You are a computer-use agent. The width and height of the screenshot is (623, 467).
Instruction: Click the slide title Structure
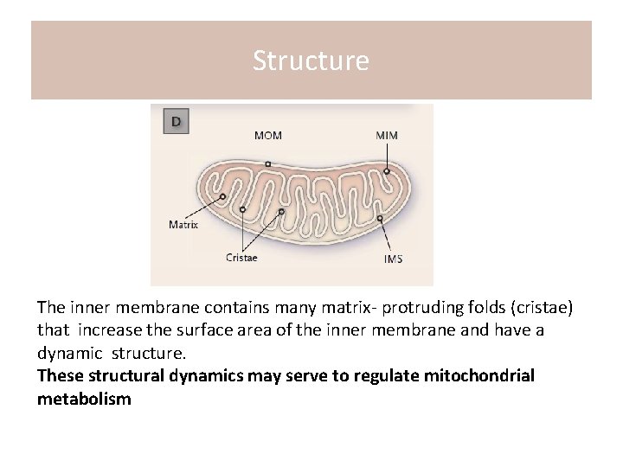311,61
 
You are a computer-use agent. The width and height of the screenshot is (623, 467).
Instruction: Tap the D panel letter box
176,122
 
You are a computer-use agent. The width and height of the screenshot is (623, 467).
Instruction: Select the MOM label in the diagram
267,136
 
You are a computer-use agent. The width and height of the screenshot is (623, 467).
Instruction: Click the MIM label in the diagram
387,136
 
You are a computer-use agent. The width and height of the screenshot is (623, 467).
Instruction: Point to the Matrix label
183,225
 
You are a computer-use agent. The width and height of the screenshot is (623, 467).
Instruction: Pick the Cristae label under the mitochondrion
241,257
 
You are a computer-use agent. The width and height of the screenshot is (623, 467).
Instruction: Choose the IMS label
393,259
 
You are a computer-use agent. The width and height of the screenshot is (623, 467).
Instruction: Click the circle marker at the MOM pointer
268,163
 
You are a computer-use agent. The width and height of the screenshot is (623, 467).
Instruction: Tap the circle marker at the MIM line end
387,171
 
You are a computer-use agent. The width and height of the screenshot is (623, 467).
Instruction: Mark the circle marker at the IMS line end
381,219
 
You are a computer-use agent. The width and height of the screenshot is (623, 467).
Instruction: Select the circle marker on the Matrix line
223,197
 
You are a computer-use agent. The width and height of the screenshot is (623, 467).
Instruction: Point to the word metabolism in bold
84,399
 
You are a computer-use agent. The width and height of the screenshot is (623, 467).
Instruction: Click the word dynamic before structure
69,354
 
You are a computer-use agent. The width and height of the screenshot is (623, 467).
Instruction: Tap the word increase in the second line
100,330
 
